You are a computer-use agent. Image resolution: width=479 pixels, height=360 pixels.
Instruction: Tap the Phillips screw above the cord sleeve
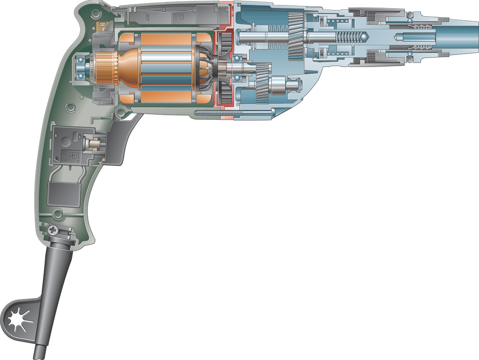click(54, 230)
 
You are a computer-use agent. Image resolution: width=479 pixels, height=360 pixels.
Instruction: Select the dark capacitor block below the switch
click(64, 193)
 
